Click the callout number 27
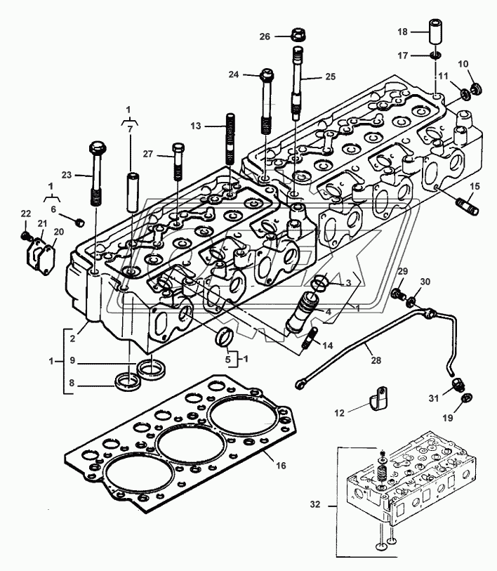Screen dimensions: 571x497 (x=147, y=154)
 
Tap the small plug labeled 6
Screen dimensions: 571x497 (x=79, y=222)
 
